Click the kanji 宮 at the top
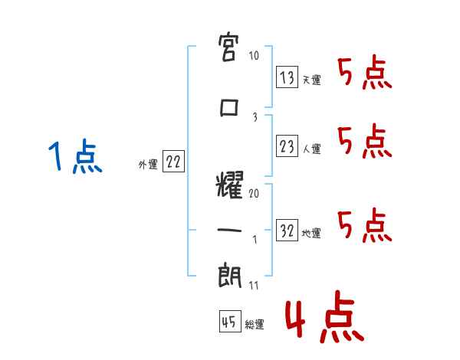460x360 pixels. [x=228, y=47]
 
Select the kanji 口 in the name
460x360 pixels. [x=228, y=107]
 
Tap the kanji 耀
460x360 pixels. [x=230, y=185]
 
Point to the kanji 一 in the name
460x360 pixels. [x=229, y=230]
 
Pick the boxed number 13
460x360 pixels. [x=287, y=77]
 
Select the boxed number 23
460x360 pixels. [x=287, y=146]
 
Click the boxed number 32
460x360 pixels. [x=287, y=230]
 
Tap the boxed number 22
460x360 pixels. [x=173, y=162]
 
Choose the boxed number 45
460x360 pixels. [x=230, y=321]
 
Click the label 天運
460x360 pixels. [x=312, y=80]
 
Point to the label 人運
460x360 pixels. [x=312, y=149]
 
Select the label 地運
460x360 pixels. [x=311, y=233]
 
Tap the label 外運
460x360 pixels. [x=148, y=165]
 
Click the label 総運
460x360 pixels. [x=255, y=324]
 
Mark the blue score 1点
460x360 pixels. [x=75, y=156]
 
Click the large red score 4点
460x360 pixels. [x=324, y=316]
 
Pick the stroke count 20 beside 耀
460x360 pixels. [x=254, y=194]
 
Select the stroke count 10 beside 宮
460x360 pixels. [x=254, y=55]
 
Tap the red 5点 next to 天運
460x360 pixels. [x=365, y=72]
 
